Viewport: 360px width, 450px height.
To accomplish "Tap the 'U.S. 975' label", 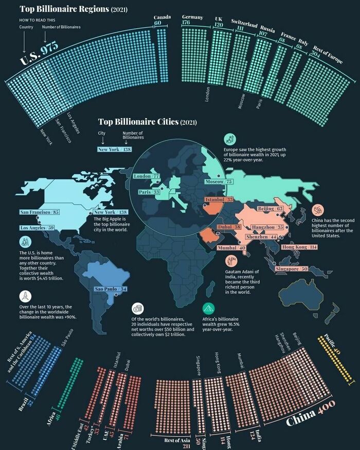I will tap(39, 53).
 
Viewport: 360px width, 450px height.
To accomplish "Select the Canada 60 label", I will tap(161, 20).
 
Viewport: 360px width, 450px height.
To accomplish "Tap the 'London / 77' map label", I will tap(146, 176).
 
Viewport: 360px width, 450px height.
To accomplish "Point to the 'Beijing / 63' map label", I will tap(270, 208).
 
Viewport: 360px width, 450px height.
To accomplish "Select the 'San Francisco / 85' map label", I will tap(40, 212).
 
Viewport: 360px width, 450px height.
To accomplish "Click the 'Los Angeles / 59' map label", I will tap(37, 227).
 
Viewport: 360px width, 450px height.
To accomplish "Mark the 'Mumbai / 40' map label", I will tap(220, 248).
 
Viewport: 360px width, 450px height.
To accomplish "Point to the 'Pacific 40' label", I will tap(333, 344).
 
